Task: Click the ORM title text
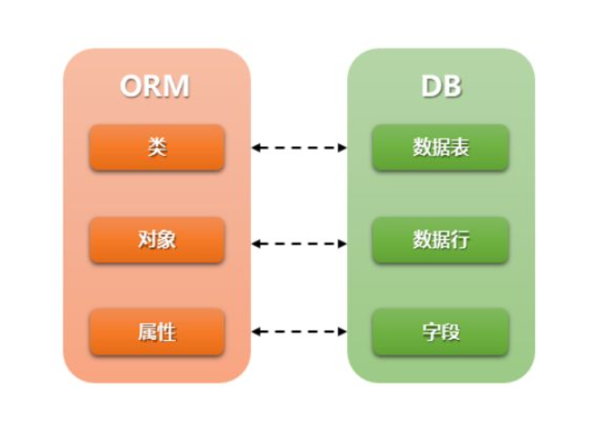tap(155, 86)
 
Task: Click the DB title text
tap(440, 86)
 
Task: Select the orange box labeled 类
tap(157, 147)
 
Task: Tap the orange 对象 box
tap(157, 240)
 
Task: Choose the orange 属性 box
tap(157, 332)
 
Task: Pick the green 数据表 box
tap(440, 147)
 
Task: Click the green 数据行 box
tap(440, 240)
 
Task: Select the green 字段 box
tap(440, 332)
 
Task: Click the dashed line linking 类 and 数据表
tap(300, 148)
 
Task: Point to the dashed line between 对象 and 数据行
tap(300, 244)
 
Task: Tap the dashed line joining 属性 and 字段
tap(300, 332)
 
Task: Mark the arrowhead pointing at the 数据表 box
tap(342, 148)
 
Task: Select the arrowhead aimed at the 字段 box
tap(342, 332)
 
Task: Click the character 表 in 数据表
tap(459, 147)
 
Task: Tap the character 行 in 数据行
tap(459, 240)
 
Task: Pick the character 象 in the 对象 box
tap(166, 240)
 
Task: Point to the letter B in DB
tap(451, 86)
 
